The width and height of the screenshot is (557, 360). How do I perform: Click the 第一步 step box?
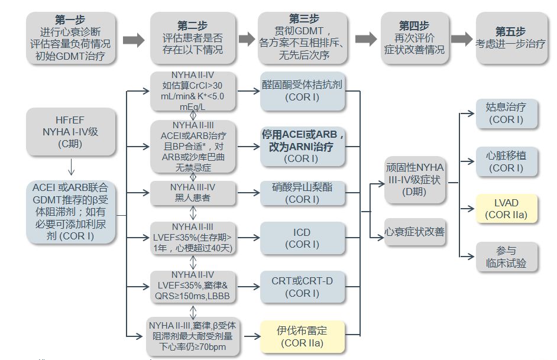click(x=71, y=38)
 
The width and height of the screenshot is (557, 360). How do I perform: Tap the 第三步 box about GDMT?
click(x=302, y=38)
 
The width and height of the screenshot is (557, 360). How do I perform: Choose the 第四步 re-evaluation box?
click(x=414, y=38)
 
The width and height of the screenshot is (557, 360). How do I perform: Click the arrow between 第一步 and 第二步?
click(x=134, y=40)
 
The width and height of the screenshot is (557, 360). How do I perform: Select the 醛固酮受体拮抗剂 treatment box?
click(x=302, y=92)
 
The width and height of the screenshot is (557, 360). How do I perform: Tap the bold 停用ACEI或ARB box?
click(x=303, y=146)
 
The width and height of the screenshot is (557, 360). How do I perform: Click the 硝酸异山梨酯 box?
click(x=302, y=193)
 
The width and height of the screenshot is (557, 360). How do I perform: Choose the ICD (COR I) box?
click(x=302, y=238)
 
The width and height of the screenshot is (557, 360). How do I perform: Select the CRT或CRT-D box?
click(x=302, y=287)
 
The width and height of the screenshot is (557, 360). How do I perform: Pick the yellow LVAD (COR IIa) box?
click(x=506, y=209)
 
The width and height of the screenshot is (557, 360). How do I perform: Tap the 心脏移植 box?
click(x=506, y=161)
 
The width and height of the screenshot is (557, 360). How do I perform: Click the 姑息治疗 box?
click(x=506, y=113)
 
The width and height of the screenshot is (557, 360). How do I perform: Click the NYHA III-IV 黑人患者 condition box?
click(x=193, y=193)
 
